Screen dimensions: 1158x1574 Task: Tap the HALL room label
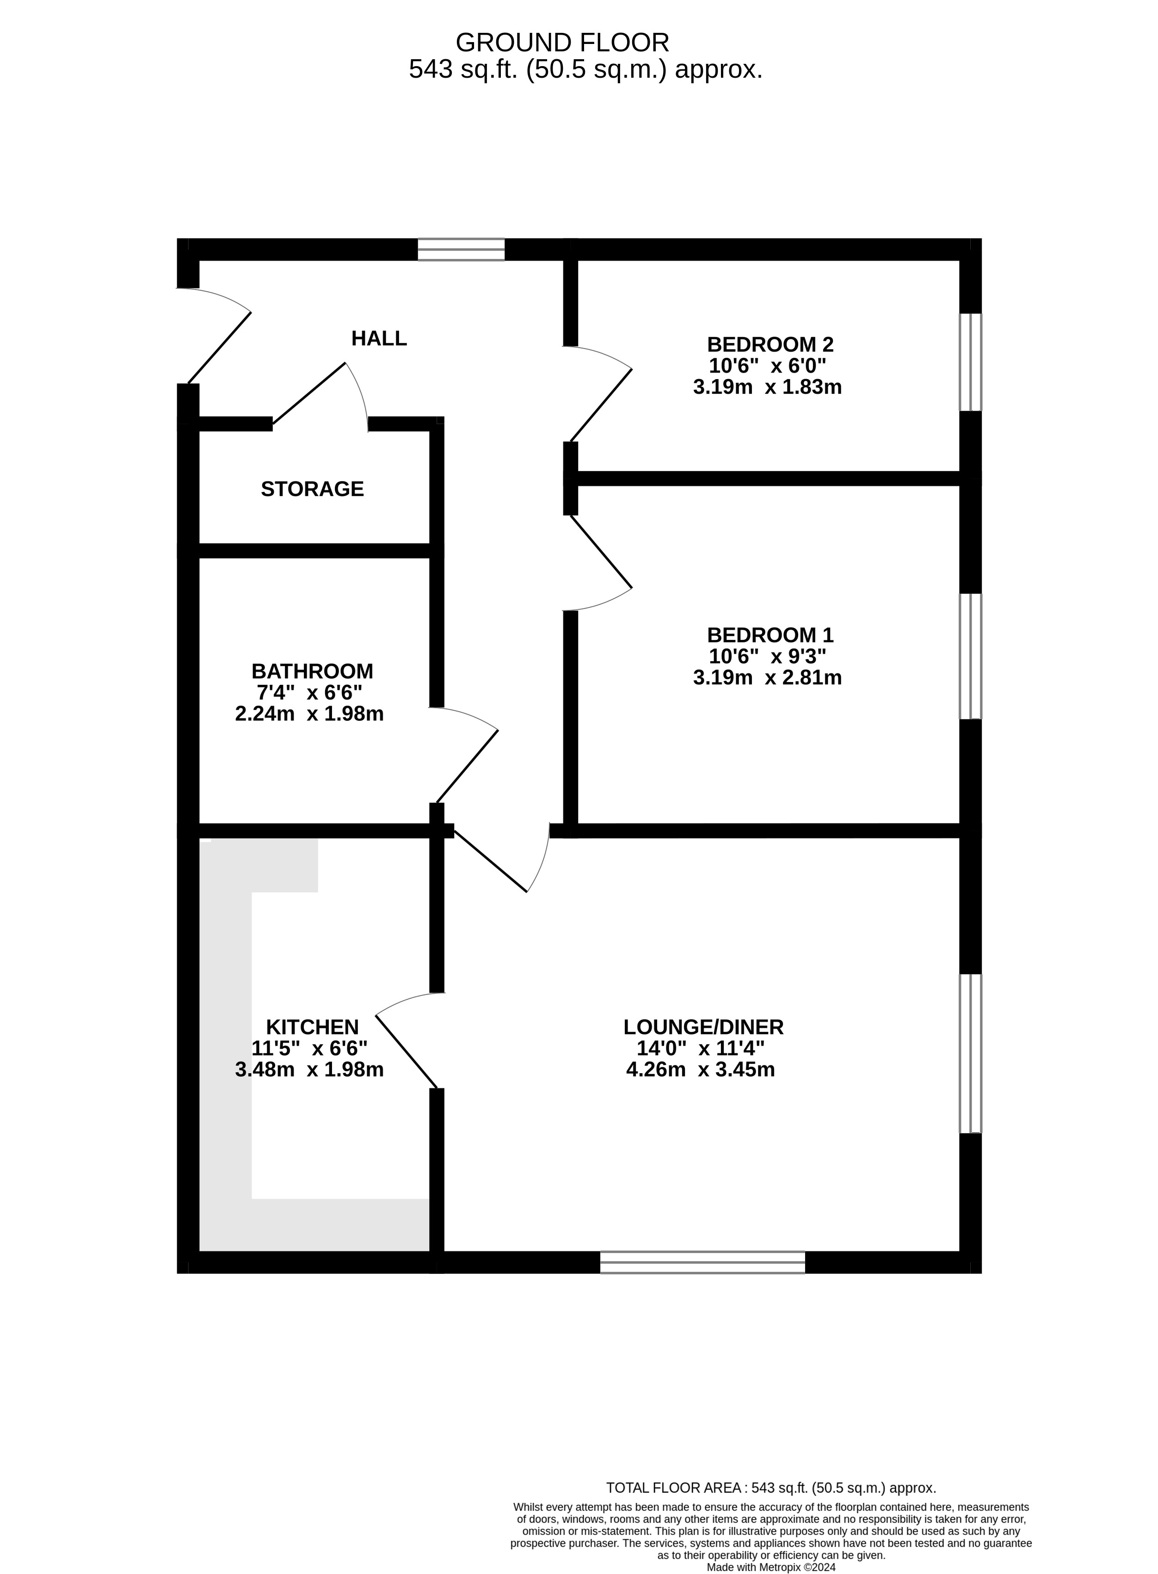(379, 338)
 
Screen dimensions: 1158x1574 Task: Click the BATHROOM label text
(312, 671)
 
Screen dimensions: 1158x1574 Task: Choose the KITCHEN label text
(312, 1027)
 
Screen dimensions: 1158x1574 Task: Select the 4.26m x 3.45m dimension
(700, 1070)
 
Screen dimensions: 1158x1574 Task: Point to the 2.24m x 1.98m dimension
(309, 714)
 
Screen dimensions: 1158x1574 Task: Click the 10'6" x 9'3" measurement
(768, 657)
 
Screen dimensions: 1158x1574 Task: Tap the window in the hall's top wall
(461, 250)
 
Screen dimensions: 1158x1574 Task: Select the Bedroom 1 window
(970, 656)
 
